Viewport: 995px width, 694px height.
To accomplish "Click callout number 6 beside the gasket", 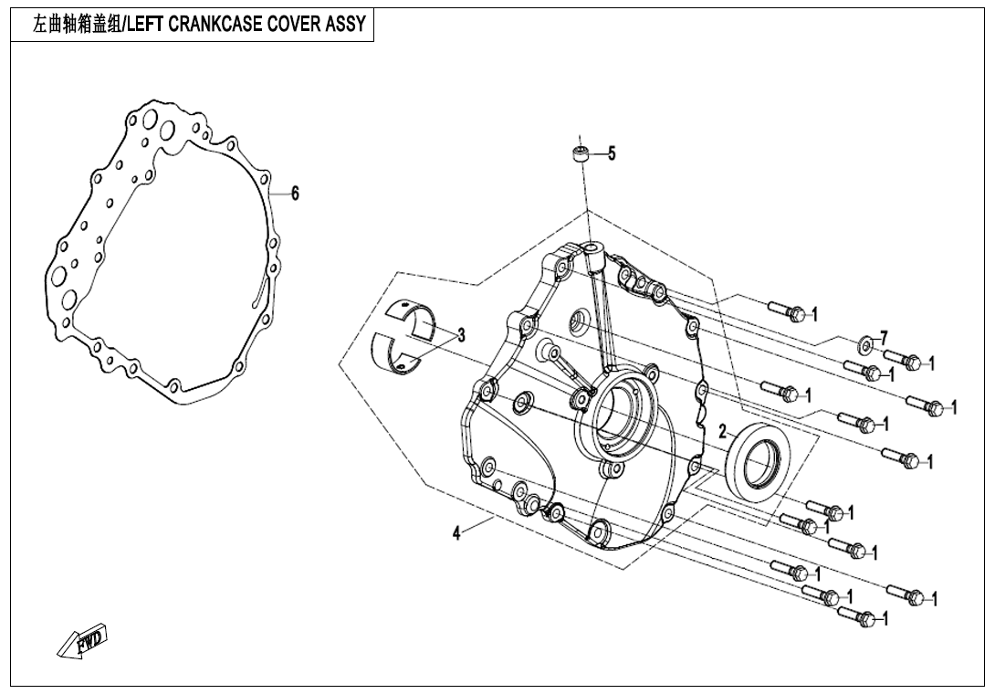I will point(295,194).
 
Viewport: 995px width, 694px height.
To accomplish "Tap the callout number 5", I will point(612,153).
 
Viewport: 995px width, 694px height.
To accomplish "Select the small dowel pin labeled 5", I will point(578,154).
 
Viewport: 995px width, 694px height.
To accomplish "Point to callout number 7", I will point(884,338).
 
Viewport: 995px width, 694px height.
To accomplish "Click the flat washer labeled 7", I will point(864,345).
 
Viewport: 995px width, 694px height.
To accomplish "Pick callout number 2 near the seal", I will point(722,432).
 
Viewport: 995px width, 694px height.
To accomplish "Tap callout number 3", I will point(461,335).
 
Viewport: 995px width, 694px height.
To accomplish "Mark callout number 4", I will point(456,533).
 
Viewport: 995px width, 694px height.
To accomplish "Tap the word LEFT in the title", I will point(146,25).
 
